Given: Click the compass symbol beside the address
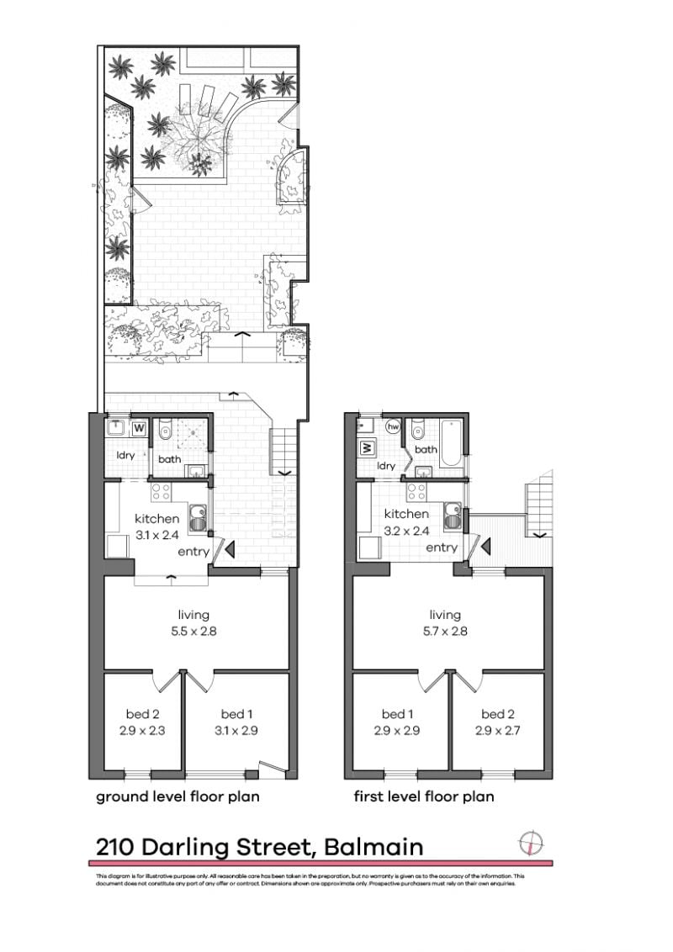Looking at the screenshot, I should tap(531, 843).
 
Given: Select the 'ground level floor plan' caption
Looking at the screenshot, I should tap(178, 796).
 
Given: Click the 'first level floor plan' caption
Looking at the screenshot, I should tap(423, 796).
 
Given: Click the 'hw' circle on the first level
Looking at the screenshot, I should tap(392, 426).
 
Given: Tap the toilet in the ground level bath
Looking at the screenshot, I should tap(166, 431).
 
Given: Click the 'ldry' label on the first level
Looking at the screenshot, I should tap(386, 465).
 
